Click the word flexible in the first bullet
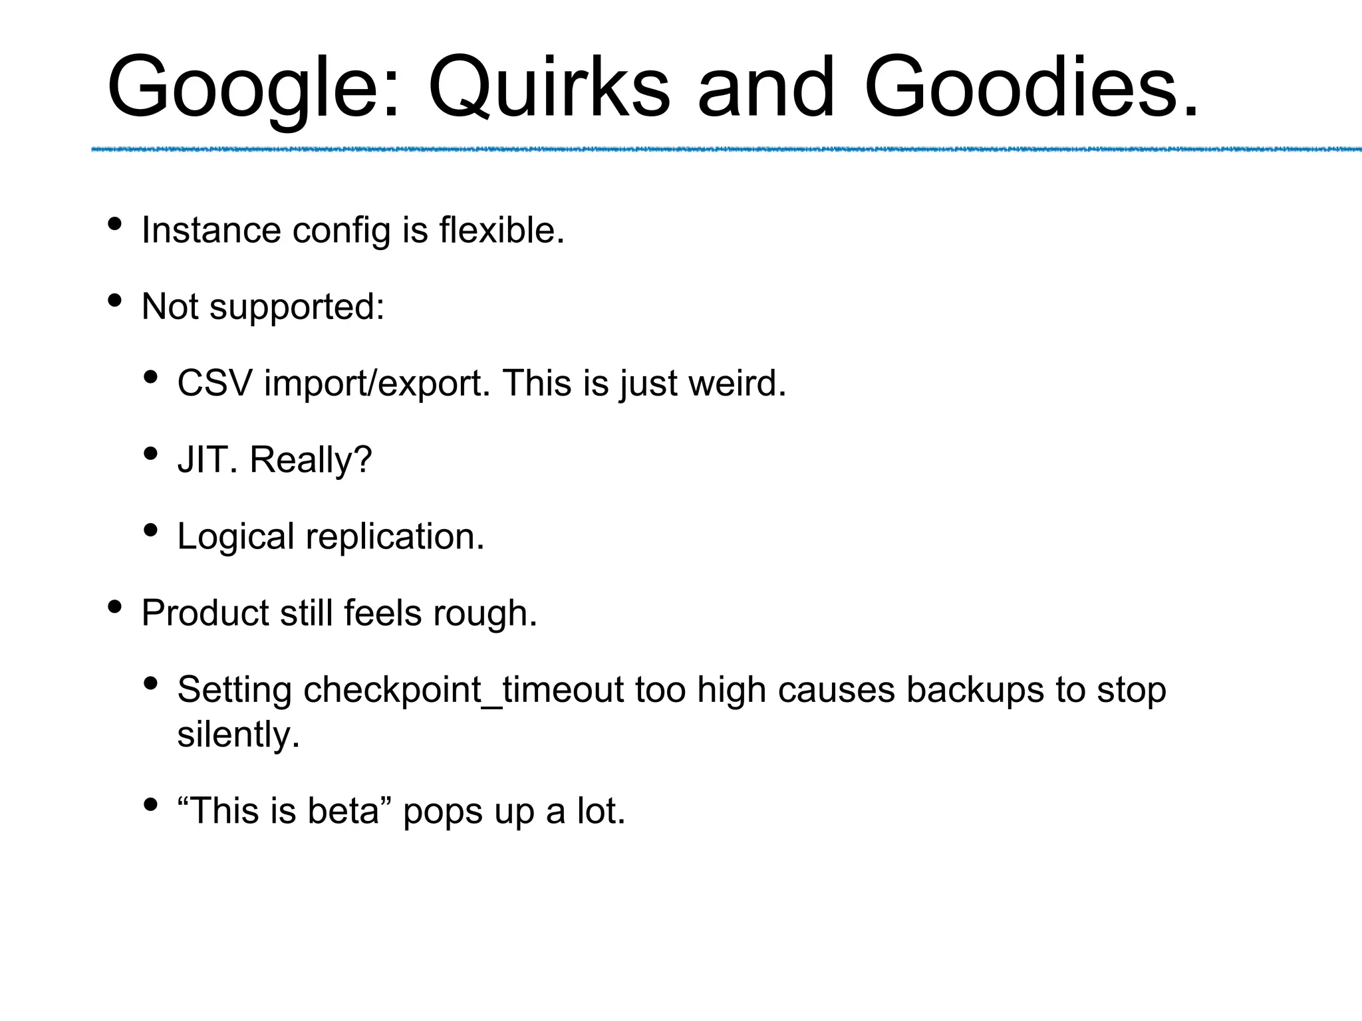(501, 231)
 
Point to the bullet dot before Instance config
(114, 224)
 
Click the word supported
(297, 308)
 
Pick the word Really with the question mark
(311, 460)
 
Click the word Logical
(235, 536)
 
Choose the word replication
(395, 536)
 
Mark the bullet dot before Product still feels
(114, 606)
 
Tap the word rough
(485, 613)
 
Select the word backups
(975, 690)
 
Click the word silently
(238, 735)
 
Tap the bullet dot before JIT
(150, 453)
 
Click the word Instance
(211, 231)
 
